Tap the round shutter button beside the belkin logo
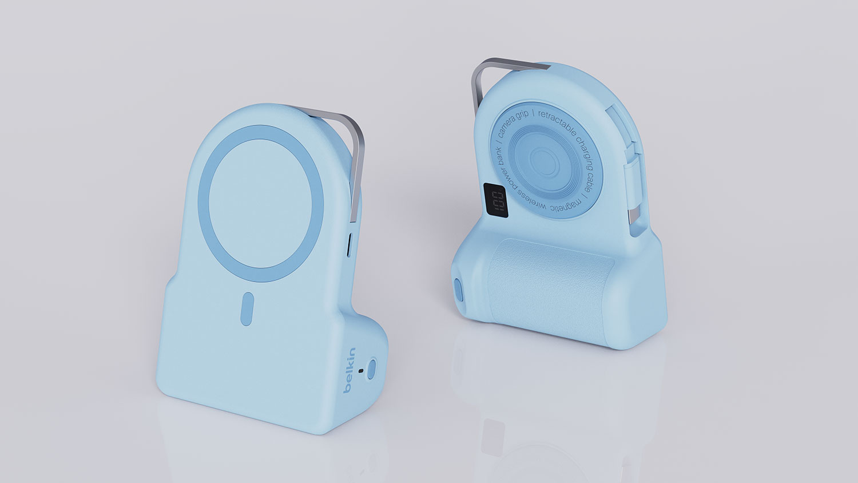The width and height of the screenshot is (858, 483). click(374, 367)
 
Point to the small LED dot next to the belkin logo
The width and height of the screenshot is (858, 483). click(360, 370)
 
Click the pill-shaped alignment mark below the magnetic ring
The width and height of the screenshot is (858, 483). click(247, 309)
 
